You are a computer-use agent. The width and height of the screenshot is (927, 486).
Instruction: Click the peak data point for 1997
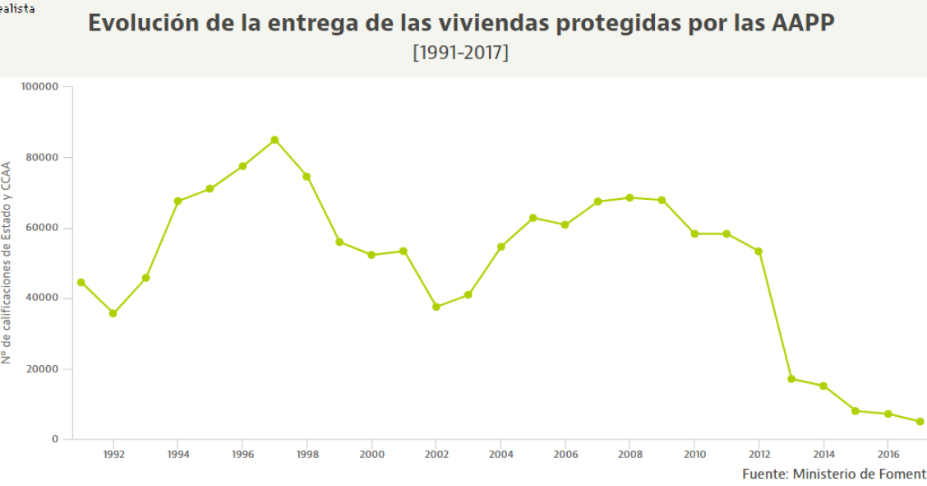tap(274, 140)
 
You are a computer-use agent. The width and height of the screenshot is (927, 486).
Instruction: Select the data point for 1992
tap(113, 313)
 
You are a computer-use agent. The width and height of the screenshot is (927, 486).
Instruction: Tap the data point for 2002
tap(436, 307)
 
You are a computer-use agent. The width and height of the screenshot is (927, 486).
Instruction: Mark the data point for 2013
tap(791, 379)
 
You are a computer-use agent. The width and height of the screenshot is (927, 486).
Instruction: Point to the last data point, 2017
tap(920, 422)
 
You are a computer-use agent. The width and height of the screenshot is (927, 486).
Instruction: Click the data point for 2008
tap(630, 197)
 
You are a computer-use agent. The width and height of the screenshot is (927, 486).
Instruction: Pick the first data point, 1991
tap(81, 282)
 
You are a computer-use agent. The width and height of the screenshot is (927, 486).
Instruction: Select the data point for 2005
tap(533, 218)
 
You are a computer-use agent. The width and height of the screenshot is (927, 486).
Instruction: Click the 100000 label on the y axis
tap(39, 86)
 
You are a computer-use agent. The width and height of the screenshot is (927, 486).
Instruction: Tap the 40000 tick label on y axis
tap(43, 298)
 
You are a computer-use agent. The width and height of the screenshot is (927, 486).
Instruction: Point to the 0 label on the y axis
tap(55, 439)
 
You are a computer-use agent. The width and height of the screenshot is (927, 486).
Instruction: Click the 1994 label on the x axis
tap(178, 453)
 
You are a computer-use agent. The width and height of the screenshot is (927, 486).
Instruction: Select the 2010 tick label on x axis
tap(694, 453)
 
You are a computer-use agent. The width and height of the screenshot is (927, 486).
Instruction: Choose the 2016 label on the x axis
tap(888, 453)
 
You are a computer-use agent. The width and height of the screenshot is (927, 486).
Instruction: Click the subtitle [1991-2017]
tap(460, 53)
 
